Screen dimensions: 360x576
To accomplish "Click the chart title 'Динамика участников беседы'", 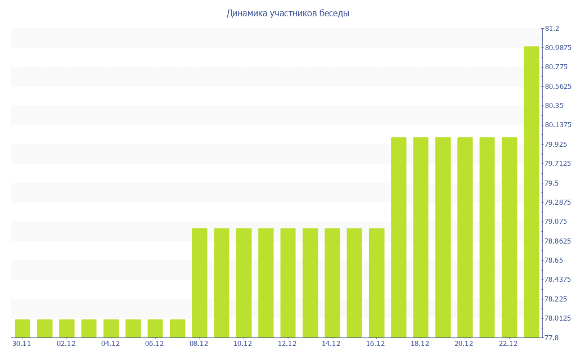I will point(287,13).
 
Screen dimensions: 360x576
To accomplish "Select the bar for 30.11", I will point(22,328).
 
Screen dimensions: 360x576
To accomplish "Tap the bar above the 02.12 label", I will point(66,328).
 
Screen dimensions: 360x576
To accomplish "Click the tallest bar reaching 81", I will point(532,192).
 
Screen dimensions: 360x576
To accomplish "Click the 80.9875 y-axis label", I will point(558,48).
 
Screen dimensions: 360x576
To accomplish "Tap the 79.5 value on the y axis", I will point(551,183).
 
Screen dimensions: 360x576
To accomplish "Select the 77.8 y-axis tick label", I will point(551,337).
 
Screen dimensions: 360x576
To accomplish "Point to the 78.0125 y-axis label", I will point(558,318).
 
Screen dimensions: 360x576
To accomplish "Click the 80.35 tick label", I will point(554,106).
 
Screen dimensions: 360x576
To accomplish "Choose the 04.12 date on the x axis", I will point(111,343).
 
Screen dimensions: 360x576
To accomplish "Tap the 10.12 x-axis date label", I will point(244,343).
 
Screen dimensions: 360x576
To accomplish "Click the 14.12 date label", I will point(332,343).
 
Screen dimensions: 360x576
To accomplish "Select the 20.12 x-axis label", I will point(465,343).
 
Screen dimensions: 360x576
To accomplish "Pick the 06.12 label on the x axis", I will point(155,343).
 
